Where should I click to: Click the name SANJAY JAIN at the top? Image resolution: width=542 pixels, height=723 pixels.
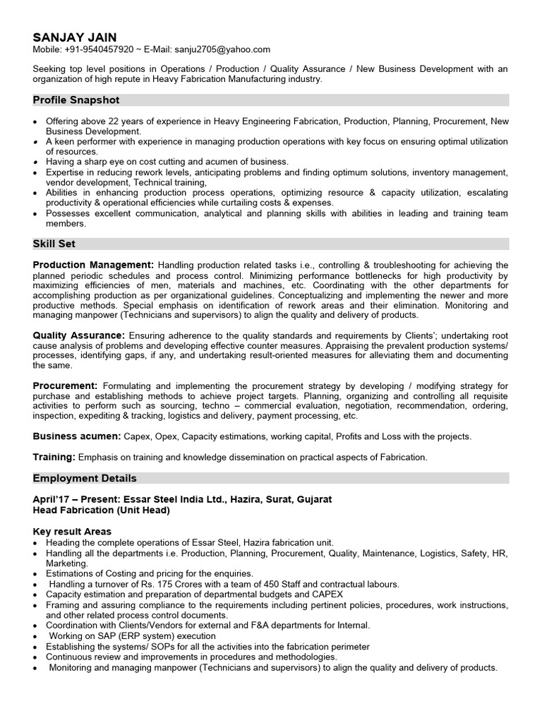75,37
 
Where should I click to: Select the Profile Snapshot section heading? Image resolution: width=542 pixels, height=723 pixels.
76,100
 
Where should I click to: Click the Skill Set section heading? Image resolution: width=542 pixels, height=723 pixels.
54,244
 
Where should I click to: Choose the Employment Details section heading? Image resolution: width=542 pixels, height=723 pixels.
85,478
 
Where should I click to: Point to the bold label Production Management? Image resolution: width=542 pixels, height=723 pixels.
93,265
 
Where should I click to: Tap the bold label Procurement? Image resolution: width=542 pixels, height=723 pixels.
65,386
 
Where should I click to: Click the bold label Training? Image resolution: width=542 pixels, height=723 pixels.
54,457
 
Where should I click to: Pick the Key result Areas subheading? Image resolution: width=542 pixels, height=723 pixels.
72,531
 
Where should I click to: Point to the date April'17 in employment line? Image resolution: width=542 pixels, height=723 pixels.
48,499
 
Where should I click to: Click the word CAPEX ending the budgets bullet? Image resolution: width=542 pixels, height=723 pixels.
328,594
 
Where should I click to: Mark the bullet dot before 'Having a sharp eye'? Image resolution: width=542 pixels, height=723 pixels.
36,162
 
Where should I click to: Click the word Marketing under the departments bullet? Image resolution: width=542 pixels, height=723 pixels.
67,563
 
